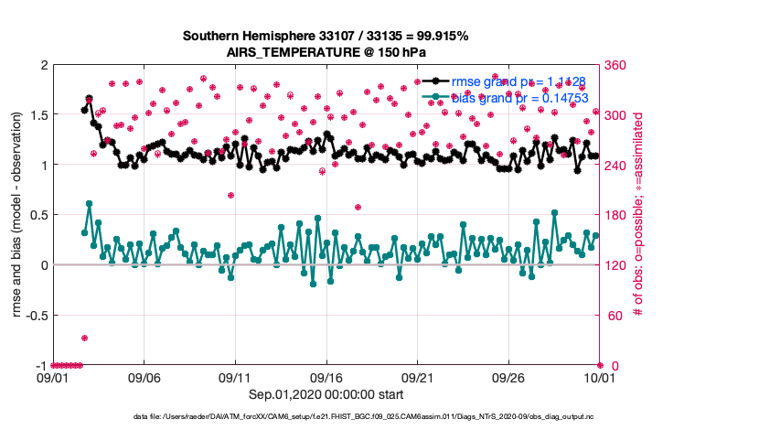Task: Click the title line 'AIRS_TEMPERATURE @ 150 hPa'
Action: tap(326, 52)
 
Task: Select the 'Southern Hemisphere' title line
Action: tap(326, 37)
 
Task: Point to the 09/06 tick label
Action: tap(144, 377)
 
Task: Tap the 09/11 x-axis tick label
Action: tap(235, 377)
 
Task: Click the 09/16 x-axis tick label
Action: tap(326, 377)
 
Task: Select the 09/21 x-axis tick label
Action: tap(417, 377)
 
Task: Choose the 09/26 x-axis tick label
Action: tap(508, 377)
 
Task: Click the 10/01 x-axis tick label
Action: tap(599, 377)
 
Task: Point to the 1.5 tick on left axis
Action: tap(38, 115)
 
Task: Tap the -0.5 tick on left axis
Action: tap(36, 316)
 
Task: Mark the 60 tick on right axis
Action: tap(611, 316)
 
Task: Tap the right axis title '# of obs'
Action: tap(639, 216)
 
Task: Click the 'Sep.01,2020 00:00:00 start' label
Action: tap(326, 393)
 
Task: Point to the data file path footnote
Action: tap(366, 416)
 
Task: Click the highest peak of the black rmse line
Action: tap(89, 98)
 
